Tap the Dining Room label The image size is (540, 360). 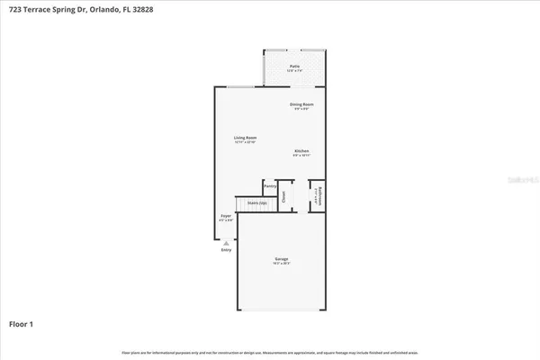(301, 104)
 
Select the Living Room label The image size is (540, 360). (246, 138)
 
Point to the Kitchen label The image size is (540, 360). (301, 150)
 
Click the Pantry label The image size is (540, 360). (269, 185)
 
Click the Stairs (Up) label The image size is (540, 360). (256, 203)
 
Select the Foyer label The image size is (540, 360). (227, 216)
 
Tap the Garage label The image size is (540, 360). (282, 259)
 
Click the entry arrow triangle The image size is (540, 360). (226, 243)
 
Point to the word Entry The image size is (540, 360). (226, 249)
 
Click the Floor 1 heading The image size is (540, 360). (22, 322)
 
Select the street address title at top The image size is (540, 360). (81, 7)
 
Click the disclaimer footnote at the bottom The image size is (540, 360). (269, 352)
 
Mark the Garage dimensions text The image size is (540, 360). (282, 264)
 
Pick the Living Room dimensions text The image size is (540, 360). (246, 142)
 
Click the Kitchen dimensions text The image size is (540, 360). (301, 155)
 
